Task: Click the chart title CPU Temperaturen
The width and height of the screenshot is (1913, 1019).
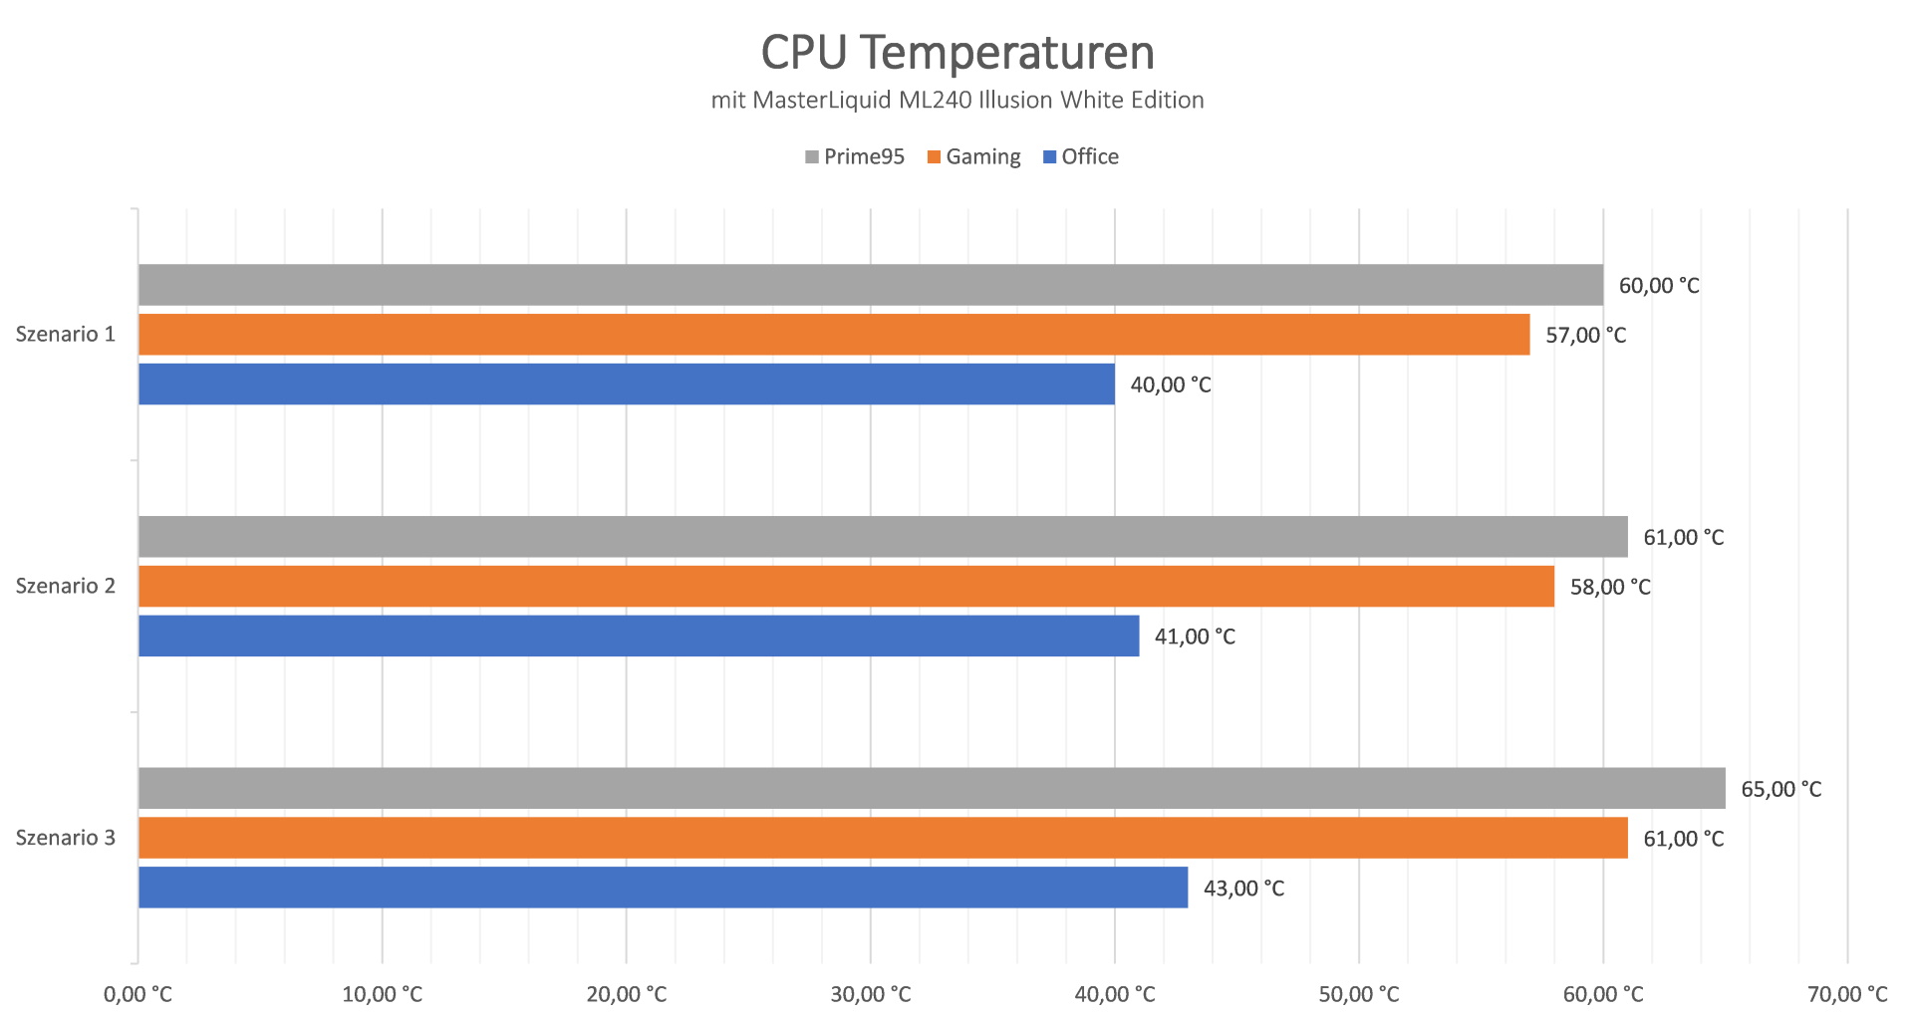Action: pos(956,53)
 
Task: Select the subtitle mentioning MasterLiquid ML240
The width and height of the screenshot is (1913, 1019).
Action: pos(956,101)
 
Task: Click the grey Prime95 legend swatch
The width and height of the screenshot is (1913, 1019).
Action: pos(812,157)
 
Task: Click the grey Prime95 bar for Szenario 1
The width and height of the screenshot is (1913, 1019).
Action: pos(870,285)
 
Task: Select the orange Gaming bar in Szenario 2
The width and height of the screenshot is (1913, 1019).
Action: pos(845,586)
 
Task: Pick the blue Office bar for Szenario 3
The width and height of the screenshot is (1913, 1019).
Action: pos(663,887)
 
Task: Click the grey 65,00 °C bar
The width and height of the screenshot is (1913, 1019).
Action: pos(931,788)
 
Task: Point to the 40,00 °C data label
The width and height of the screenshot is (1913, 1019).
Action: pos(1171,385)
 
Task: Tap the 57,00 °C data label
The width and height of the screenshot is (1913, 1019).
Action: pos(1585,336)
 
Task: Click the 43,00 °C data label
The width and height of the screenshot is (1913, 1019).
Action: pos(1243,889)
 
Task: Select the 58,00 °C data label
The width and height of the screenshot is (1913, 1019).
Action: pos(1610,588)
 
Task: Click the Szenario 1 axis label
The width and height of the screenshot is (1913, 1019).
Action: pos(66,335)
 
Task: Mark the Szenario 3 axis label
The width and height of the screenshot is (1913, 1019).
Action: pos(66,838)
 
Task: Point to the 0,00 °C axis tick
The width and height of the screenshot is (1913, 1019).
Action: pos(137,994)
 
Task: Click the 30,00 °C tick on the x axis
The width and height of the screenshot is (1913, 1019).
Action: pos(871,994)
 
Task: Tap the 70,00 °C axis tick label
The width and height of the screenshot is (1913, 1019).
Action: pos(1847,994)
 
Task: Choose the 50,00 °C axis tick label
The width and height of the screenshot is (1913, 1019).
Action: pos(1359,994)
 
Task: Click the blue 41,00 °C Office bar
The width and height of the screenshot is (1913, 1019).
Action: pos(638,636)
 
